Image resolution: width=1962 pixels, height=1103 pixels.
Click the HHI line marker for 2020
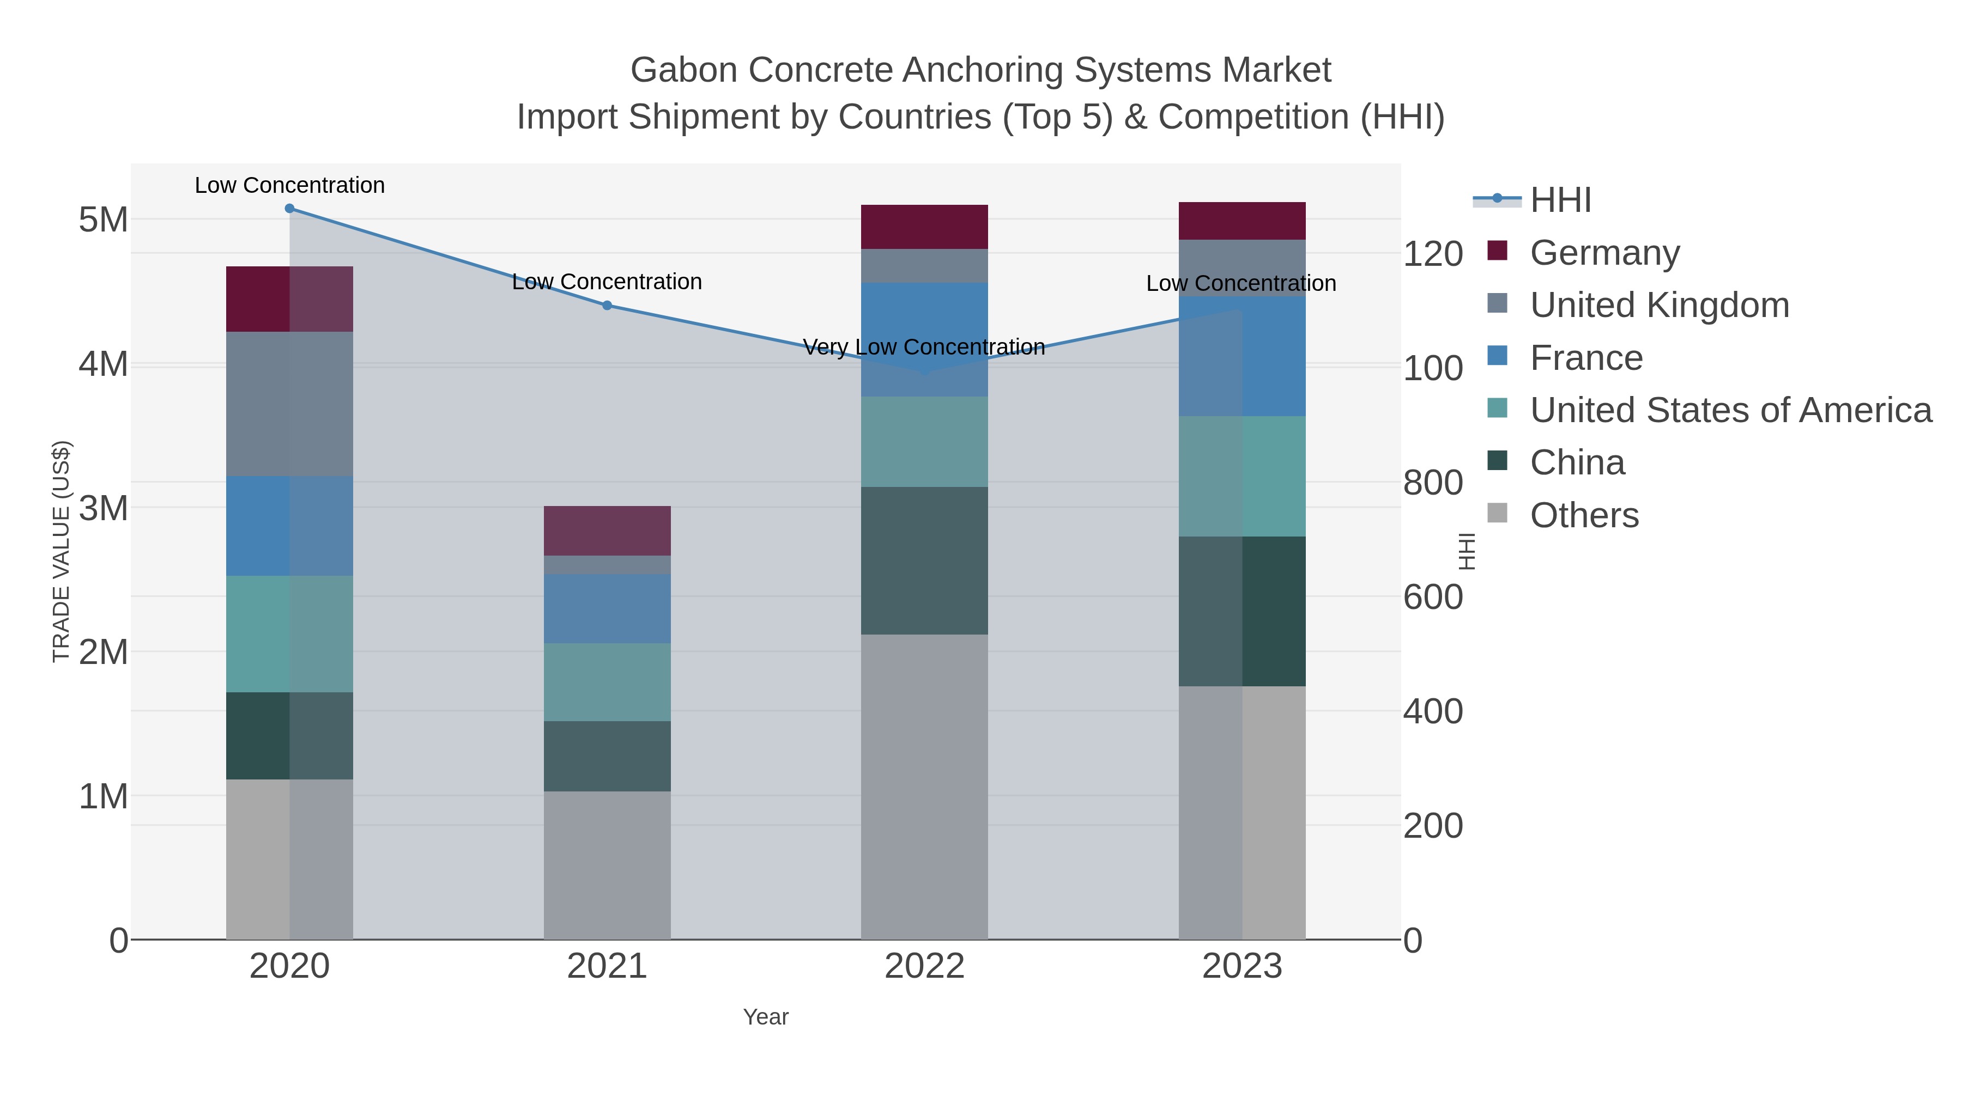pos(289,209)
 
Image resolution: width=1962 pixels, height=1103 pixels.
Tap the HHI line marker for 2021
pos(607,305)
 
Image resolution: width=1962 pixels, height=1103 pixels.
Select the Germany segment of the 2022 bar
pos(924,227)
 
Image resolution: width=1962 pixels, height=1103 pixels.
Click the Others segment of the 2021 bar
pos(607,865)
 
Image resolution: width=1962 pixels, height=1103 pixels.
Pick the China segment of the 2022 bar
pos(924,560)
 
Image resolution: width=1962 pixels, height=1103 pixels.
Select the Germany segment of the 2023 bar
pos(1242,221)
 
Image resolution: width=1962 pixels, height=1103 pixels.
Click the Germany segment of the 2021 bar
pos(607,531)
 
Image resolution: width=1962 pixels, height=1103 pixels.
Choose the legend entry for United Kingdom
pos(1659,305)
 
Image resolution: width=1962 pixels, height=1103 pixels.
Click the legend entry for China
pos(1577,463)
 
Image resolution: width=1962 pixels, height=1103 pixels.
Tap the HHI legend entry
pos(1560,200)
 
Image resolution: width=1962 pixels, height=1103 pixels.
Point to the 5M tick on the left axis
pos(103,220)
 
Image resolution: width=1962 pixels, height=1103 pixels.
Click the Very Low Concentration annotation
pos(923,347)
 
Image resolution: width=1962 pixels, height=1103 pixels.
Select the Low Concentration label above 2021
pos(607,282)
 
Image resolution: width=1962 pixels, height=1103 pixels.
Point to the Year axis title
pos(766,1017)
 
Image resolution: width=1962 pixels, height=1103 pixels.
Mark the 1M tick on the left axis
pos(103,796)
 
